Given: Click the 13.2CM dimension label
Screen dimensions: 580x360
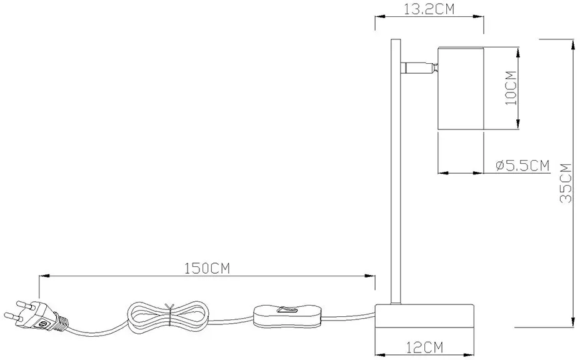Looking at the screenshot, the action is pyautogui.click(x=429, y=9).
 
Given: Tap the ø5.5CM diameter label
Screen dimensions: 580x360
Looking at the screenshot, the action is pyautogui.click(x=522, y=166).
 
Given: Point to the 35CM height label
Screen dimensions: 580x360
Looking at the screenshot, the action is pyautogui.click(x=566, y=182).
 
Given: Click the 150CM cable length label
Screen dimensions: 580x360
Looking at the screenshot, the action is pyautogui.click(x=207, y=268).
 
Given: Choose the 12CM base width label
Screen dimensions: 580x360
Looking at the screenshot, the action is pyautogui.click(x=424, y=347).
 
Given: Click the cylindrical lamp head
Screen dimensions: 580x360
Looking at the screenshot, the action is pyautogui.click(x=461, y=88).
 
